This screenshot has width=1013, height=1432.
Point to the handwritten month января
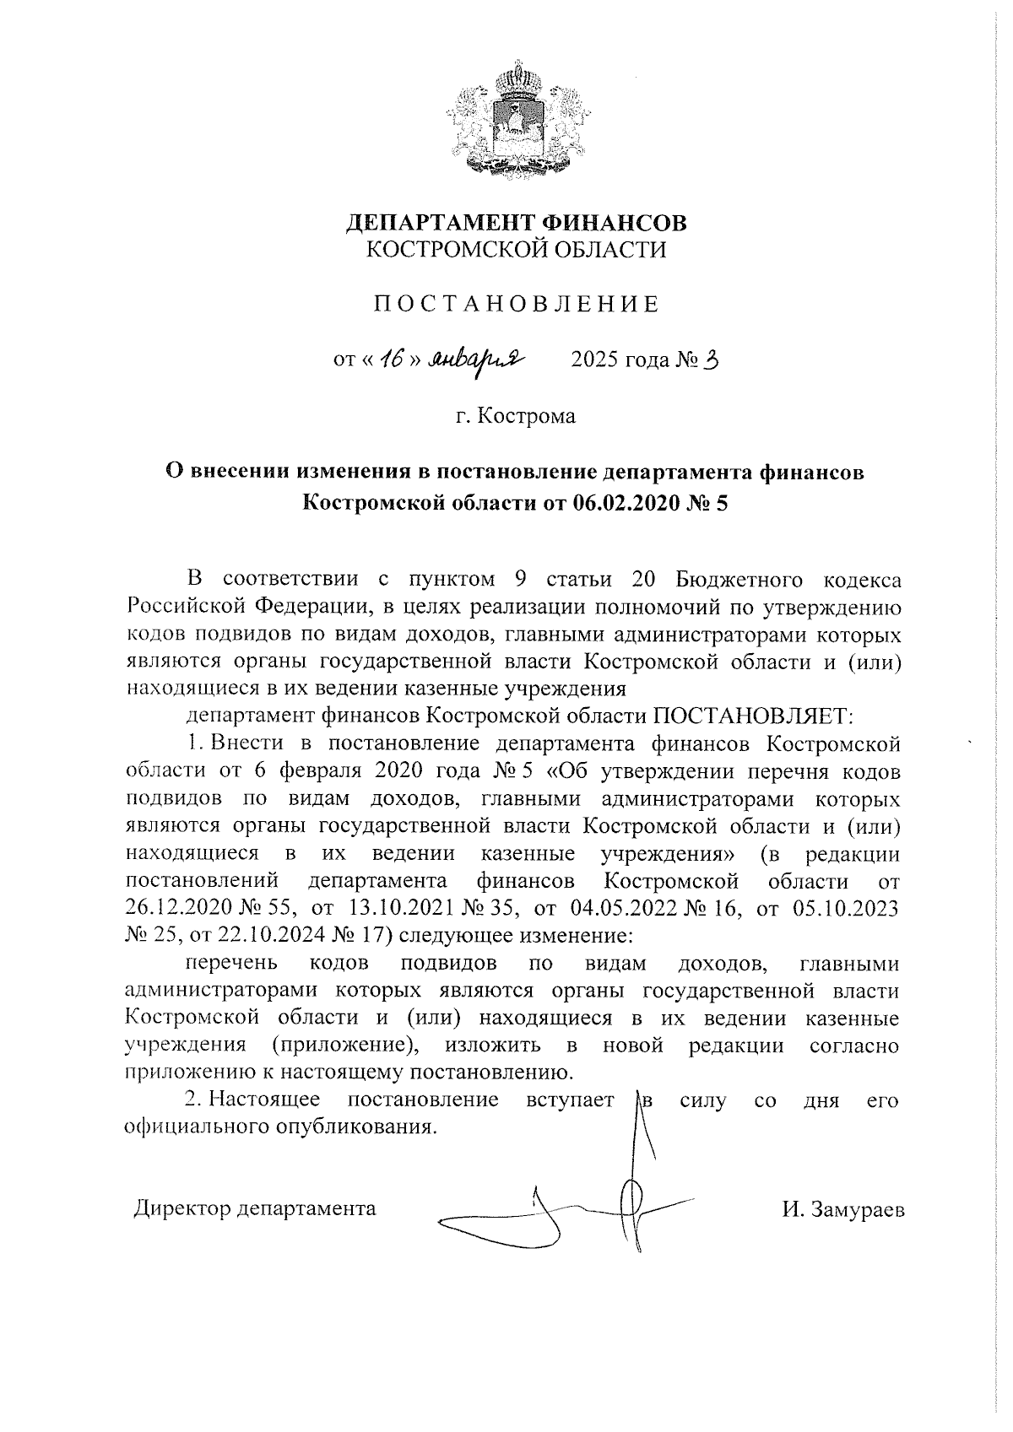coord(478,361)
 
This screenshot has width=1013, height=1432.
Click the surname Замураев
coord(855,1209)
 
